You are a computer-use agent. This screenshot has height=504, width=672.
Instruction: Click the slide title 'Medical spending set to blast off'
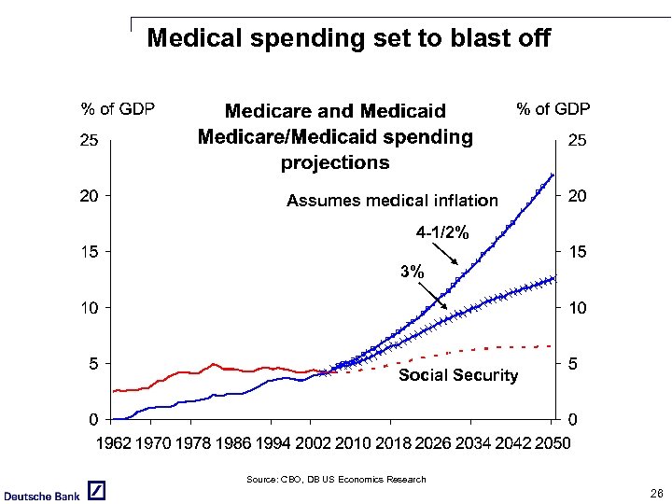[x=348, y=39]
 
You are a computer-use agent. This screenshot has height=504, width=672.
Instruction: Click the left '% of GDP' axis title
[x=118, y=109]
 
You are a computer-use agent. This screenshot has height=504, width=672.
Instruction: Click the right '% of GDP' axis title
[x=553, y=109]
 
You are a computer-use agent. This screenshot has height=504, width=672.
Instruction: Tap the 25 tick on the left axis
[x=90, y=142]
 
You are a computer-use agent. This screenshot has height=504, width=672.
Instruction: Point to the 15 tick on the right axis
[x=578, y=252]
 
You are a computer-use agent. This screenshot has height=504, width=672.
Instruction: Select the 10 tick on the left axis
[x=90, y=308]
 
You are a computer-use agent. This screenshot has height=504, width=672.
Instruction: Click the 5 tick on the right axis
[x=573, y=364]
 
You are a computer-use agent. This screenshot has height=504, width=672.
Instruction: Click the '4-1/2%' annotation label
[x=442, y=231]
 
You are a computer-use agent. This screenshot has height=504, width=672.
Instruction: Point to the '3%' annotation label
[x=412, y=273]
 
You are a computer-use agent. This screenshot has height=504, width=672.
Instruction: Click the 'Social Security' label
[x=457, y=375]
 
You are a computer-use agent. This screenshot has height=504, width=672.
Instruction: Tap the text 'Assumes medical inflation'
[x=392, y=201]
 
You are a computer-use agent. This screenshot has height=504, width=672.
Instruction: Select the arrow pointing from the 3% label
[x=430, y=295]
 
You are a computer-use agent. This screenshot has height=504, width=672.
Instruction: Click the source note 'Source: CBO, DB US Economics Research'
[x=336, y=479]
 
